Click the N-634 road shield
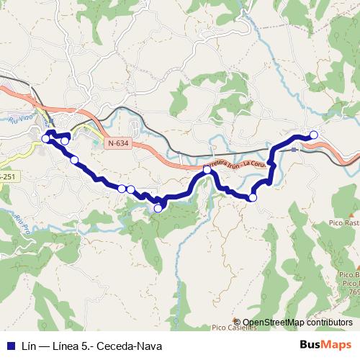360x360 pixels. click(118, 143)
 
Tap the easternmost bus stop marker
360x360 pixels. click(314, 135)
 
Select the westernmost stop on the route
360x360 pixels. click(46, 138)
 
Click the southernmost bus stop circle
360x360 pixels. click(158, 208)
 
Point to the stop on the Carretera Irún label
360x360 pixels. click(207, 169)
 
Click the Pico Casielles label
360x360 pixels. click(233, 328)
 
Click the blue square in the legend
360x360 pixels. click(9, 345)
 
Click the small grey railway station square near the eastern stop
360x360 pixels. click(294, 149)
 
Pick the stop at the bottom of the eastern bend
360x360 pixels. click(253, 197)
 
